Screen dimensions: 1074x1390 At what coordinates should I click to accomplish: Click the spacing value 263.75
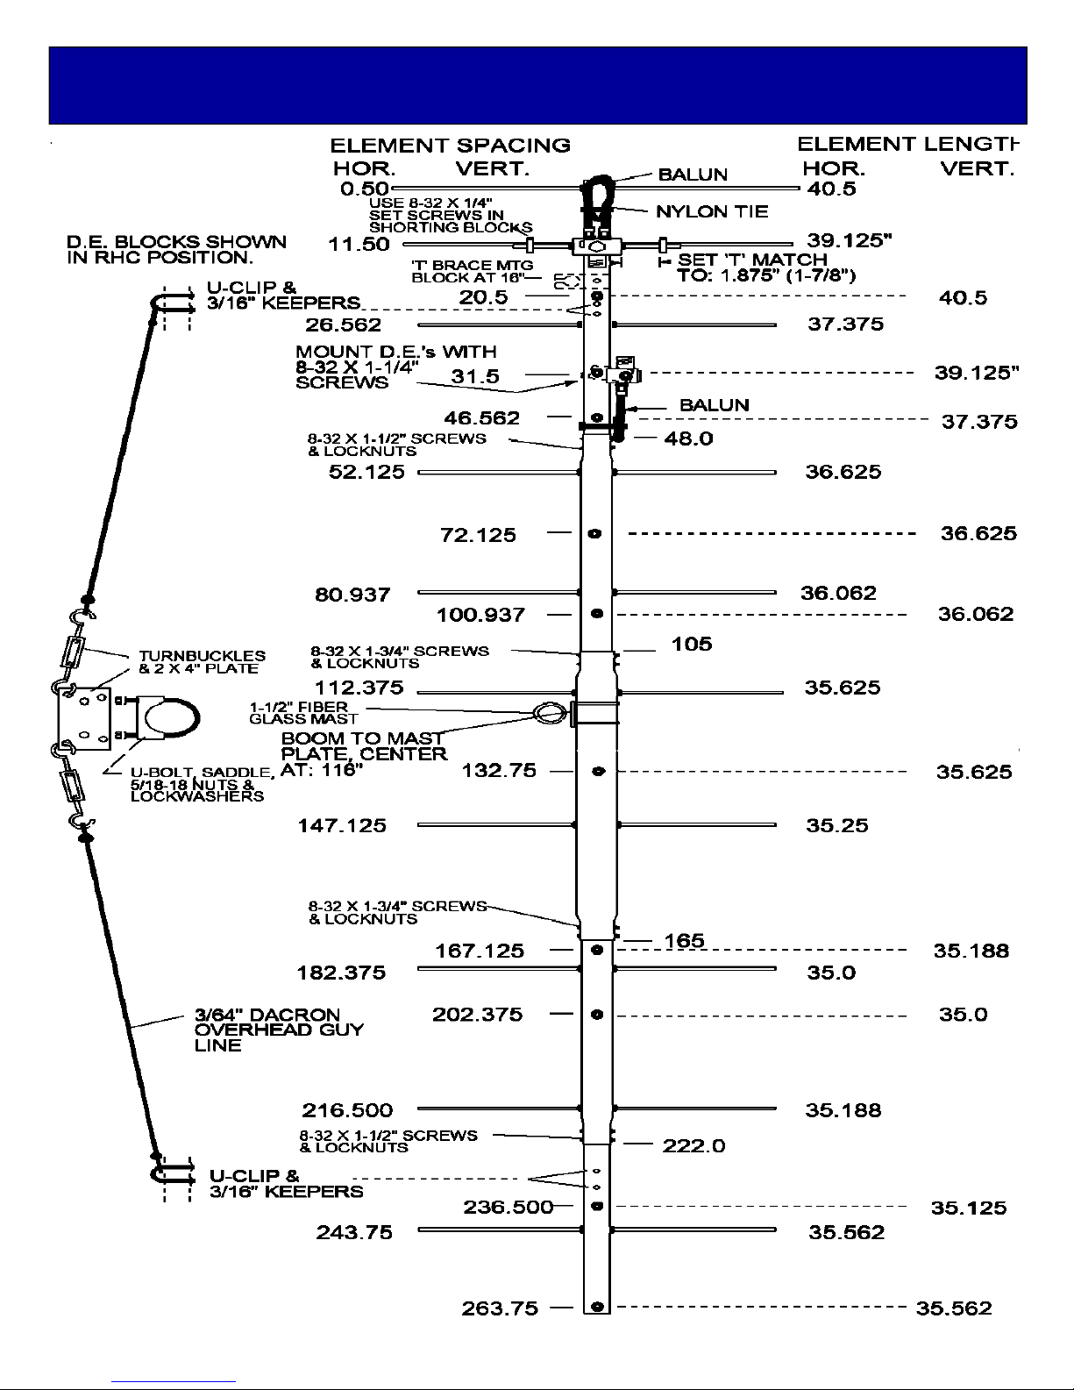[x=500, y=1308]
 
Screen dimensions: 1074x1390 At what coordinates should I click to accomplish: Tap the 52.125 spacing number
[x=366, y=472]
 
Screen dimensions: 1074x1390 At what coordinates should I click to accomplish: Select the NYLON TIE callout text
[x=712, y=211]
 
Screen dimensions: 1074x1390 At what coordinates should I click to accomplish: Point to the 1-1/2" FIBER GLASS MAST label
[x=303, y=713]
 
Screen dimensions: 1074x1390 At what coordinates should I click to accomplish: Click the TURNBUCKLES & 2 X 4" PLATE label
[x=202, y=662]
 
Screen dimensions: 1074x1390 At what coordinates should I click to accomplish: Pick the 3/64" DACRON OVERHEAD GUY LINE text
[x=279, y=1030]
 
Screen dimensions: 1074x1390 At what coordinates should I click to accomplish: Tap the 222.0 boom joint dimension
[x=693, y=1145]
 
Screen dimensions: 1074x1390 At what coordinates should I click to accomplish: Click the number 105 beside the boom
[x=692, y=645]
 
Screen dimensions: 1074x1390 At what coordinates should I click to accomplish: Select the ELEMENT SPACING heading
[x=450, y=146]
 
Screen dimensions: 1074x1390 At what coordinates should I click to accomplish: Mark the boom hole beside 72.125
[x=595, y=533]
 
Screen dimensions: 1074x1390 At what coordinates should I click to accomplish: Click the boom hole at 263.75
[x=597, y=1307]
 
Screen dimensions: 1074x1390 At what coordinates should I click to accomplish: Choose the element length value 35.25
[x=836, y=826]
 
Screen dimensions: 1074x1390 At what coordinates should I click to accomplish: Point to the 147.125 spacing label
[x=342, y=826]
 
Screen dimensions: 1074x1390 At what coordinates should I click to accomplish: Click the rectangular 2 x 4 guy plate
[x=84, y=719]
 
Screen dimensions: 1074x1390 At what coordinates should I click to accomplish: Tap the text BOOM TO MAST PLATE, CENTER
[x=364, y=746]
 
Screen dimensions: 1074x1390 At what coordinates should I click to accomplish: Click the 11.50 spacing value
[x=359, y=245]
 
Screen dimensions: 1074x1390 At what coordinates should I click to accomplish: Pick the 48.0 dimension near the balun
[x=688, y=438]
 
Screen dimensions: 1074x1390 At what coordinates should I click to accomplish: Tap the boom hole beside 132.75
[x=598, y=772]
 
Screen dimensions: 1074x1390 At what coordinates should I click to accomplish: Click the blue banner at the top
[x=537, y=85]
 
